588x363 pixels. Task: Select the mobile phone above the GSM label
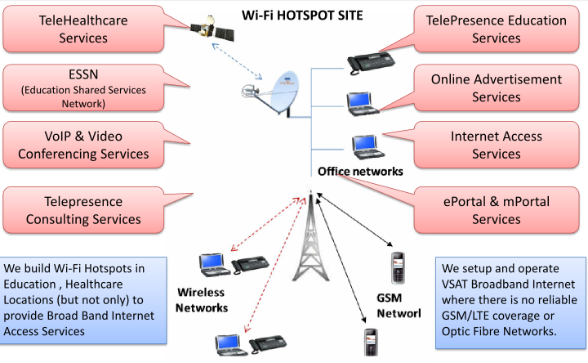[398, 268]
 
